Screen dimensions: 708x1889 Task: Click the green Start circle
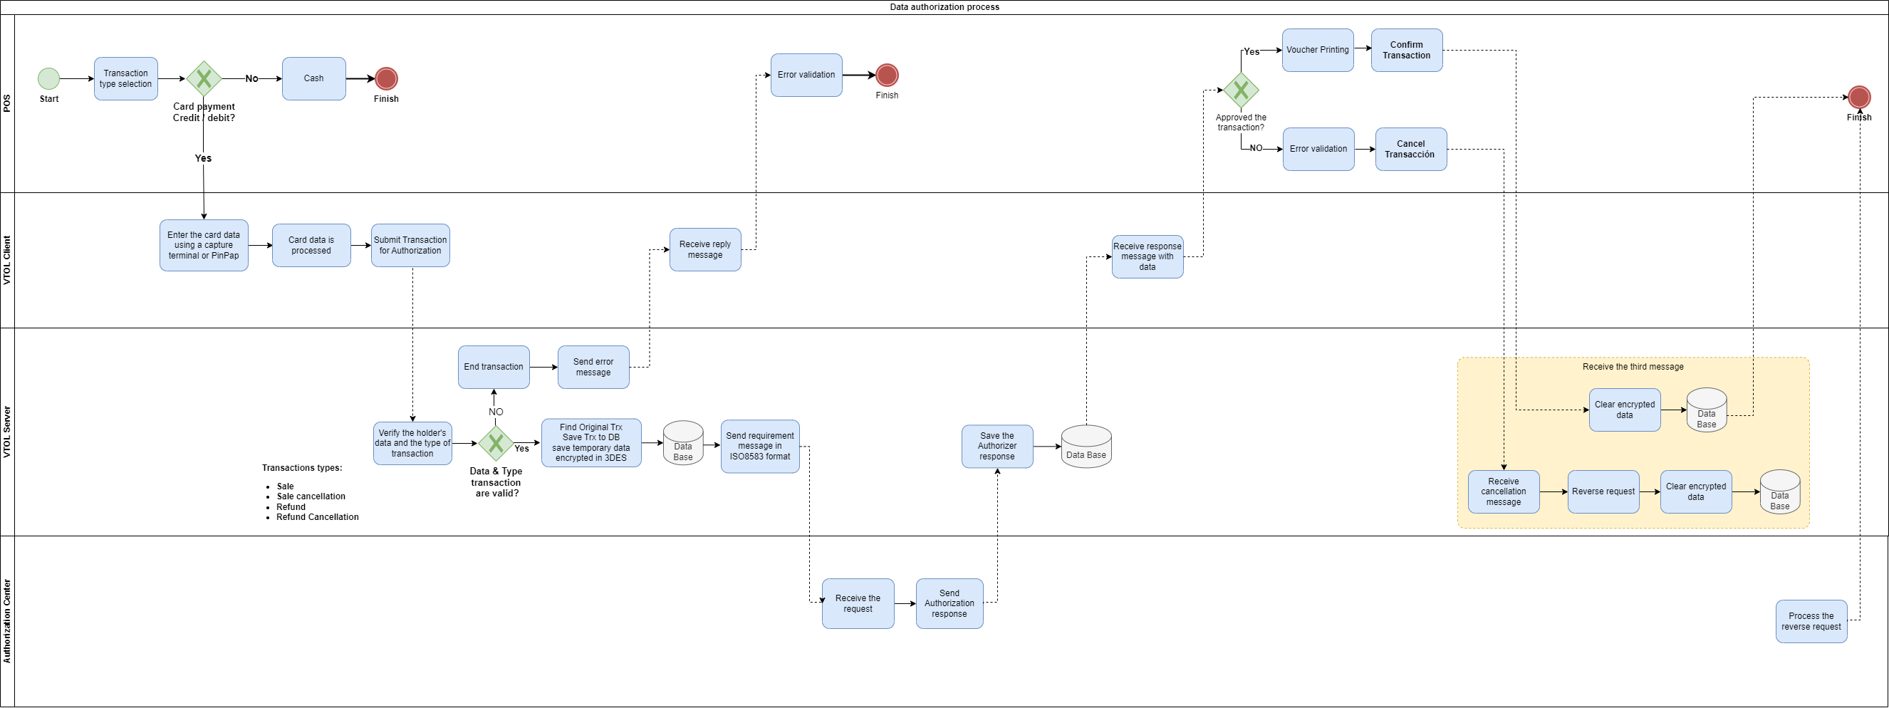coord(48,78)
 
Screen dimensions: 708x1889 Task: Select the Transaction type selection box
coord(125,78)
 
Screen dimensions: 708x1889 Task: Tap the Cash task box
coord(314,78)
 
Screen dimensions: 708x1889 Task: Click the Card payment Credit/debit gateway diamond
coord(204,78)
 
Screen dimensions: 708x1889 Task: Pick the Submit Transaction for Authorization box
coord(410,246)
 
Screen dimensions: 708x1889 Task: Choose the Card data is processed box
coord(311,246)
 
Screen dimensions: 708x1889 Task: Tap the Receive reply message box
coord(704,250)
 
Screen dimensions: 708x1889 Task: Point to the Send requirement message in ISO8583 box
coord(760,447)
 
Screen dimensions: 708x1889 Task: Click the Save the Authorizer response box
coord(996,447)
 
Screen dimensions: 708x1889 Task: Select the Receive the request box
coord(857,604)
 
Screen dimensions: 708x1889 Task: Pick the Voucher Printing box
coord(1317,50)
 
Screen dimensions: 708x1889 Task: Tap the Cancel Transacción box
coord(1410,150)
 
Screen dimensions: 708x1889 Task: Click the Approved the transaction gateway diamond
coord(1241,90)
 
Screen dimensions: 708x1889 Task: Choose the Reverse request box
coord(1603,491)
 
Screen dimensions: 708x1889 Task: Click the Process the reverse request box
coord(1811,622)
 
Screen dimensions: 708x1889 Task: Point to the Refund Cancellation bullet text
coord(317,517)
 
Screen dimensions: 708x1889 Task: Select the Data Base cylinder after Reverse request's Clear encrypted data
coord(1780,492)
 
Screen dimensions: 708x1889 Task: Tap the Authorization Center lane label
coord(7,622)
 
